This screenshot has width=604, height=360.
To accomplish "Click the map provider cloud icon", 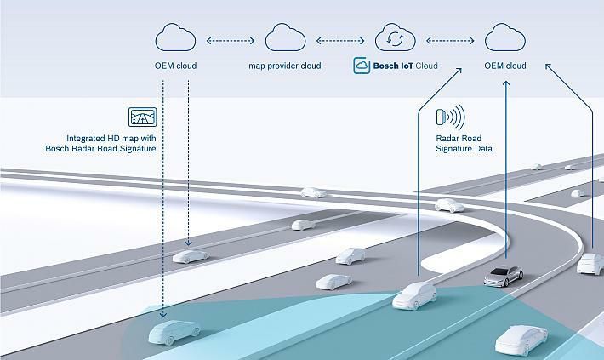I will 285,38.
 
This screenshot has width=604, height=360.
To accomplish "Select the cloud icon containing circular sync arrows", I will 395,39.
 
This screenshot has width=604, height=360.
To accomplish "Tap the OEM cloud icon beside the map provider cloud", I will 176,38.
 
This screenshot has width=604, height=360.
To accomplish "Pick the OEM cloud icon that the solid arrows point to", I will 505,38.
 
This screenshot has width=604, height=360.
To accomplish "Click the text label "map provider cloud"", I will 285,66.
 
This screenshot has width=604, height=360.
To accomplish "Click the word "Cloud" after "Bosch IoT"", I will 427,66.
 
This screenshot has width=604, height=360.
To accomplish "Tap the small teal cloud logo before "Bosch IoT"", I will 361,66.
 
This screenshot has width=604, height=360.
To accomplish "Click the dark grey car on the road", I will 504,275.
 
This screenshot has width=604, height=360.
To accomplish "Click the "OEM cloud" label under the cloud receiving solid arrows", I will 505,66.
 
